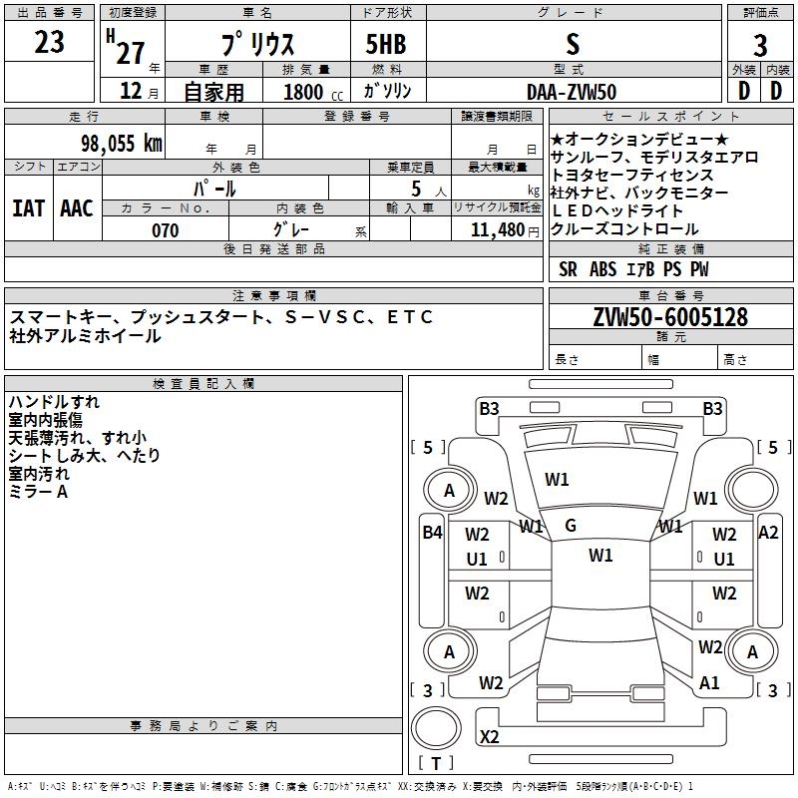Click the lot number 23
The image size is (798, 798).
click(49, 43)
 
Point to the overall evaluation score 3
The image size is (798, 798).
click(760, 45)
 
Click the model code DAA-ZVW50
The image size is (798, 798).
click(572, 92)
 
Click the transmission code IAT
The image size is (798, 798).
click(28, 207)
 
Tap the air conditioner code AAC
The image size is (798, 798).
click(77, 207)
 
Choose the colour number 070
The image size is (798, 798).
click(165, 230)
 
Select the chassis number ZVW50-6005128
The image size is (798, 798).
click(670, 317)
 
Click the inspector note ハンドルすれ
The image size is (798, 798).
click(53, 402)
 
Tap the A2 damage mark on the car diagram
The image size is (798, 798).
click(768, 532)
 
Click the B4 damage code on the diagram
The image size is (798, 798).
click(431, 532)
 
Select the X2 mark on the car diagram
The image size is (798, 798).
click(490, 737)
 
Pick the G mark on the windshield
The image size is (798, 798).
click(571, 525)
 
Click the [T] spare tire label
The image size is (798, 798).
click(436, 764)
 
